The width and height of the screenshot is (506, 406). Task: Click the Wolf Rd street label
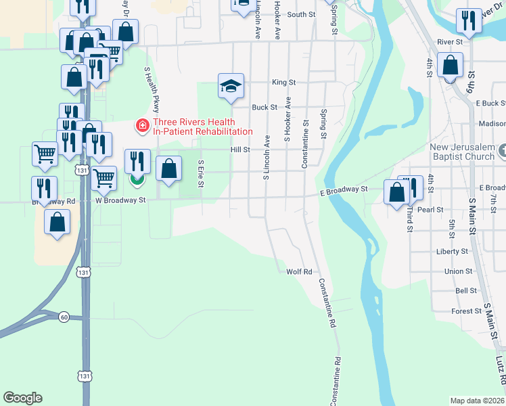298,271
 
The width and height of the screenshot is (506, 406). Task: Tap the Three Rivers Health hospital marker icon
142,125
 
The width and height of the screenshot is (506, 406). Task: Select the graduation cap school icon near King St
231,86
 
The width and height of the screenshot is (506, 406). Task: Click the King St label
284,82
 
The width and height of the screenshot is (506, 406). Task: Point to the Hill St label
240,150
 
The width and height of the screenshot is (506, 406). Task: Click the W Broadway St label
120,200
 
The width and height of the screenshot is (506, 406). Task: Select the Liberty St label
453,251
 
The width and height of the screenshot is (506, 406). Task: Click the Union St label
458,271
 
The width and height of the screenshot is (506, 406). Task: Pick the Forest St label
466,311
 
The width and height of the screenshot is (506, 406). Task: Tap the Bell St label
466,290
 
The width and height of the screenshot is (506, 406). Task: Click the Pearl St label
430,210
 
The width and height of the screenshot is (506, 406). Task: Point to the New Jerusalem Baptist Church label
462,152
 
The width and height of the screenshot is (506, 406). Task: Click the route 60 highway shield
64,317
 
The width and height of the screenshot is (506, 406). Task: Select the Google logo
22,398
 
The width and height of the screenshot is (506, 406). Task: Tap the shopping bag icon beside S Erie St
169,169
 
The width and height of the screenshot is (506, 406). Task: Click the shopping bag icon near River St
451,66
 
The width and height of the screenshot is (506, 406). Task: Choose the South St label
301,14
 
